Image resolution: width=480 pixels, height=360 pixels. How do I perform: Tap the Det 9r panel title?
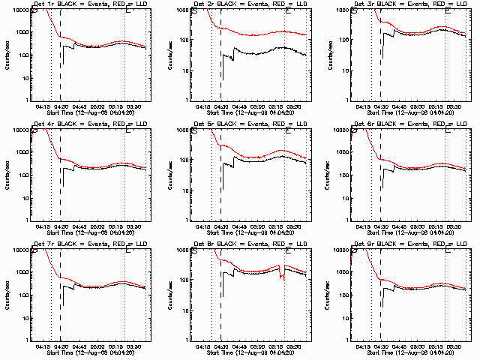pos(408,243)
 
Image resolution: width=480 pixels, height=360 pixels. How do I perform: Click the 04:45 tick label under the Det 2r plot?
pos(238,106)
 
